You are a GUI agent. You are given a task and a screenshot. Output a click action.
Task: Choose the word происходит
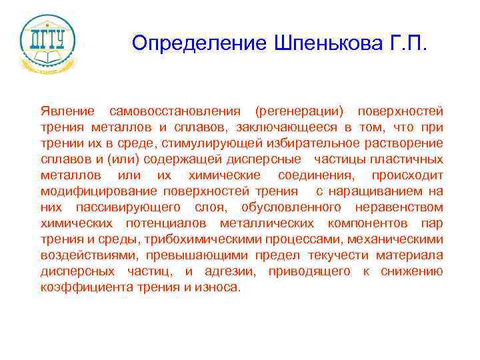coord(407,175)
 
